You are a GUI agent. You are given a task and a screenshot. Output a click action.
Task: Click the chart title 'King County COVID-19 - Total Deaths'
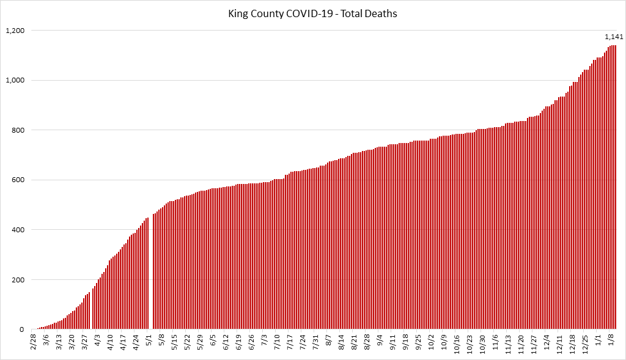313,13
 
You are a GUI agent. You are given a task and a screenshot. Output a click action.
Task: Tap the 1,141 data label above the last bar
614,37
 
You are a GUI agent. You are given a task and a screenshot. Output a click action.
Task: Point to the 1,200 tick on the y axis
15,31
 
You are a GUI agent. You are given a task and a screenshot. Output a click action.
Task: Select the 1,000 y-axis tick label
15,81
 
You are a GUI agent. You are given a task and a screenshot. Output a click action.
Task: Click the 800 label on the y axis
18,130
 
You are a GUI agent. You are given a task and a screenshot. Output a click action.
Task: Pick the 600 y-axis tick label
18,180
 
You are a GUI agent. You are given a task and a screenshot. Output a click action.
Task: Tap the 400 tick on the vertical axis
18,230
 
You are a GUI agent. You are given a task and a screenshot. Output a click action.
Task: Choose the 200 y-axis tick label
18,280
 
